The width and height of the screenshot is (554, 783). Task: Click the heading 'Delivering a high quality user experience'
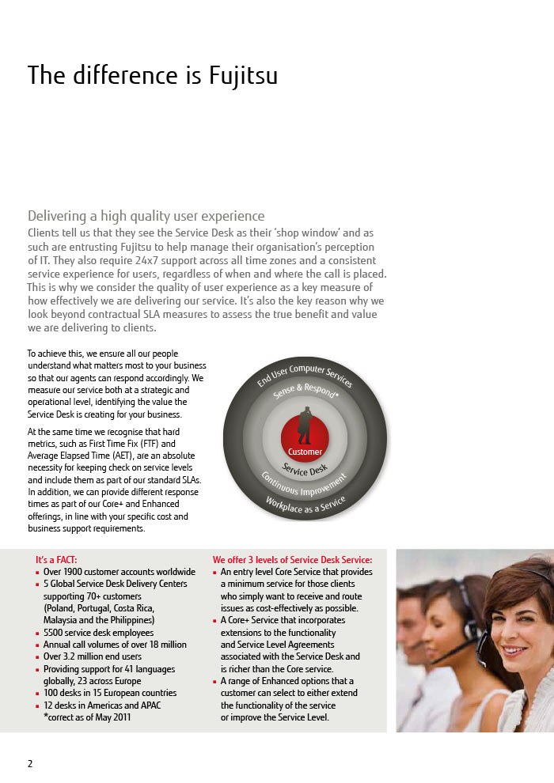coord(146,216)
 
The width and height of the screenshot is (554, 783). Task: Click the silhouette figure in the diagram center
coord(305,426)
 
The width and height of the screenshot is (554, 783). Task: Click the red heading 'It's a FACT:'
coord(56,559)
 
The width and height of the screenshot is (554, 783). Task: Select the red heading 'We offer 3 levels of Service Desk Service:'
coord(292,560)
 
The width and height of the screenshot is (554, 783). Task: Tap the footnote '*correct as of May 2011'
coord(87,717)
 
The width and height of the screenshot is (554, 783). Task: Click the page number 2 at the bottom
coord(30,763)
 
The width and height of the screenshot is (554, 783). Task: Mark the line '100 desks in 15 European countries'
coord(109,693)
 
